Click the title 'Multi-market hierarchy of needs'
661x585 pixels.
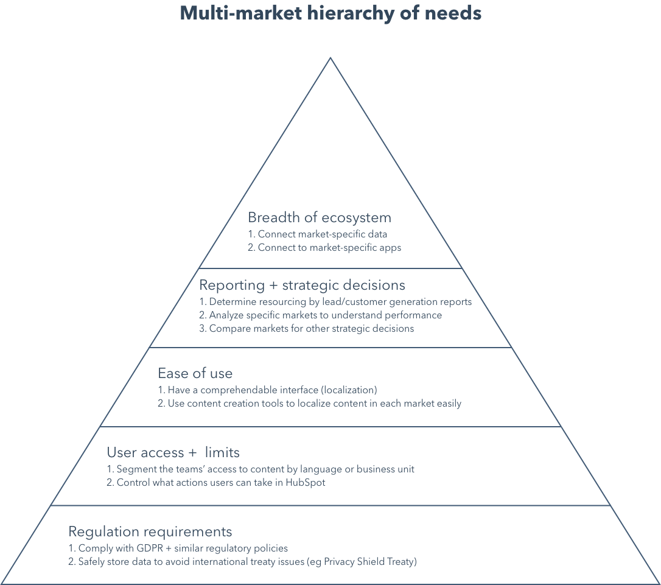click(330, 13)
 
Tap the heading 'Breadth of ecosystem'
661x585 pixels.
click(319, 217)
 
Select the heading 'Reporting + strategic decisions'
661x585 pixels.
click(303, 285)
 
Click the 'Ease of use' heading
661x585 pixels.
click(195, 373)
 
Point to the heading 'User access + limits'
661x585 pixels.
click(173, 452)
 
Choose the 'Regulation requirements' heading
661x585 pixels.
click(150, 531)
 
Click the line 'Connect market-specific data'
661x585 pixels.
click(317, 234)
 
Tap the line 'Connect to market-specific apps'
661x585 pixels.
click(324, 248)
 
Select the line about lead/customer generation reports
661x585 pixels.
click(335, 301)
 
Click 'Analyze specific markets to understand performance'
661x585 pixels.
click(320, 315)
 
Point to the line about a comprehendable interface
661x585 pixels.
click(267, 390)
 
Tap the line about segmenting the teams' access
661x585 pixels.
click(261, 469)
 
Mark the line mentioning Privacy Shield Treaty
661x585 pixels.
click(242, 562)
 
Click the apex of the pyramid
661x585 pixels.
click(330, 58)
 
